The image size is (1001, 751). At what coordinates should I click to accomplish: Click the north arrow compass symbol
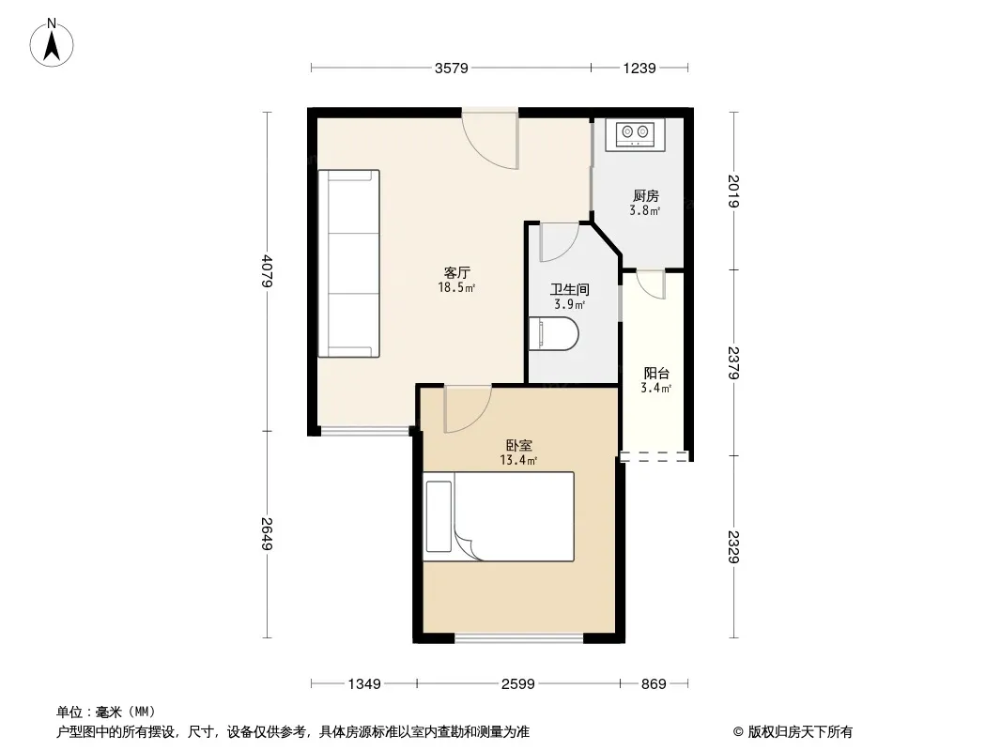point(52,43)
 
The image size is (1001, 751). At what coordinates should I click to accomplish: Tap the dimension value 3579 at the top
point(452,69)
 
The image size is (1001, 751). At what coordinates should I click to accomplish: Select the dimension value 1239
point(639,69)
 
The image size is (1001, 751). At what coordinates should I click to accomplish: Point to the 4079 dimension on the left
point(268,271)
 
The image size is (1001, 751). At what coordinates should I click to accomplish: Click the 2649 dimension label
point(268,533)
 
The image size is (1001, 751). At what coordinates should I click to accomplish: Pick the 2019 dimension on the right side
point(733,191)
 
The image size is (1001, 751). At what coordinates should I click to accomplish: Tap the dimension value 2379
point(733,363)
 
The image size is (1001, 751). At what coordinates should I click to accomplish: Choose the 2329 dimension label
point(733,546)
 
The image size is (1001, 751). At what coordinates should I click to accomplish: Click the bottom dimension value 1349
point(364,684)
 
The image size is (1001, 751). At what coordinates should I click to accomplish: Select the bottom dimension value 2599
point(517,684)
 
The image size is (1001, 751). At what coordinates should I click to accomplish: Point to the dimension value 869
point(654,684)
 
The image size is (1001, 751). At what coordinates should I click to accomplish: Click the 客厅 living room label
point(457,272)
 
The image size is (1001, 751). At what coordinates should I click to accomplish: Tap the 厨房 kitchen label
point(645,196)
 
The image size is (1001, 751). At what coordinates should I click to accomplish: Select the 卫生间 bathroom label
point(569,290)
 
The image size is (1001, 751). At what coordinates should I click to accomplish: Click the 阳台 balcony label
point(656,374)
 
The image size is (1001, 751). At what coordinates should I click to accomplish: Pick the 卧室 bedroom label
point(519,445)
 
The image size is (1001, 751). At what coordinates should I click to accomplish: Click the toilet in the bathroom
point(553,333)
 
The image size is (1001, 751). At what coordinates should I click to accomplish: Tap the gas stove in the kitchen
point(635,134)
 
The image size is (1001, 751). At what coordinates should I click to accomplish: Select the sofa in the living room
point(349,264)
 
